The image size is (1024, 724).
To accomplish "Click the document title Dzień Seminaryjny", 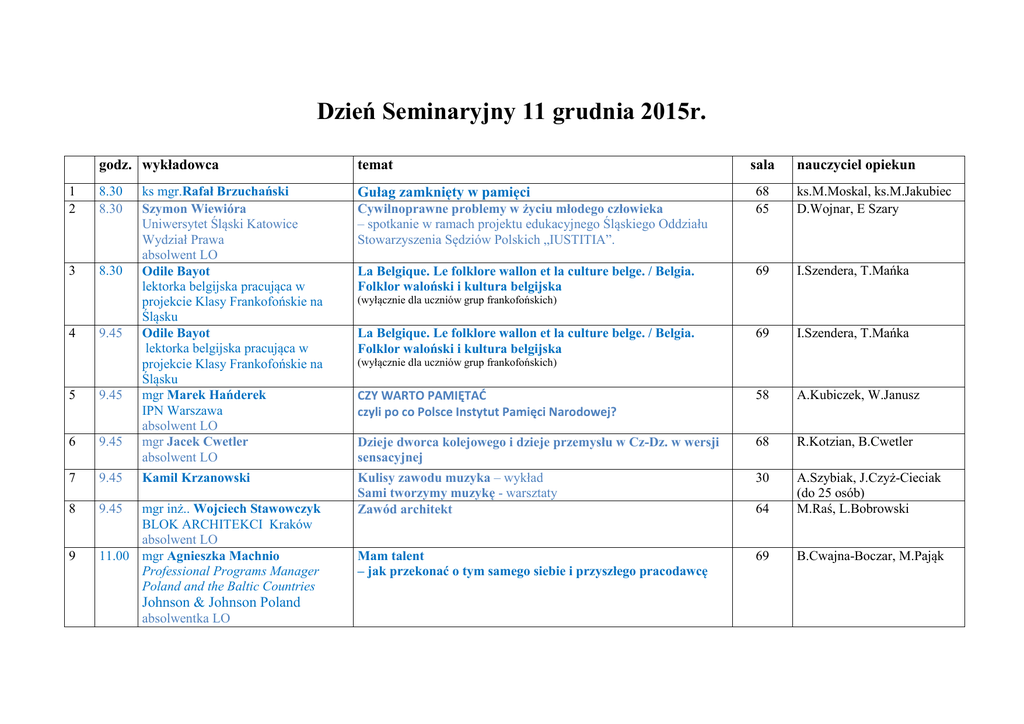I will coord(511,111).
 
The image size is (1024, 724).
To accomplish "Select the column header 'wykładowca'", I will coord(180,165).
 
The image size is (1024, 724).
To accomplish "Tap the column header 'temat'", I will coord(375,165).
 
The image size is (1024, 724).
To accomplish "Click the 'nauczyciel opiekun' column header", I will coord(855,165).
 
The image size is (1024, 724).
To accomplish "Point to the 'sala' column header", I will coord(762,165).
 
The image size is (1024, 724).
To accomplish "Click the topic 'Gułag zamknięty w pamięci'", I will coord(443,192).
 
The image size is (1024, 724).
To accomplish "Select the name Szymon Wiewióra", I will coord(194,209).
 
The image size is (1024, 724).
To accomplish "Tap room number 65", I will coord(762,209).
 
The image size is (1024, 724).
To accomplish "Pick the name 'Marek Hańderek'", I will coord(216,395).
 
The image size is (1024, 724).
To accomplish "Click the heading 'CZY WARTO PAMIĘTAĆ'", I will coord(421,395).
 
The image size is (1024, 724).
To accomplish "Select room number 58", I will coord(762,395).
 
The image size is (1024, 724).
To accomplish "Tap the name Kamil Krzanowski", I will coord(196,478).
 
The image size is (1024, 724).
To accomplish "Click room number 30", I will coord(762,478).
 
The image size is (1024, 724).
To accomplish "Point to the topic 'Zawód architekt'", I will coord(404,509).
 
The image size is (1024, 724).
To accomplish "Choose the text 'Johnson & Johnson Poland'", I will coord(221,603).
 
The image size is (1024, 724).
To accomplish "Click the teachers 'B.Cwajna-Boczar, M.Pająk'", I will coord(870,556).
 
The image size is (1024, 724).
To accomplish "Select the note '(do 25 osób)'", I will coord(830,493).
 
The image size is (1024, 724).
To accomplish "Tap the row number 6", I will coord(72,441).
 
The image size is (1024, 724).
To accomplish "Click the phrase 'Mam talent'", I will coord(390,556).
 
